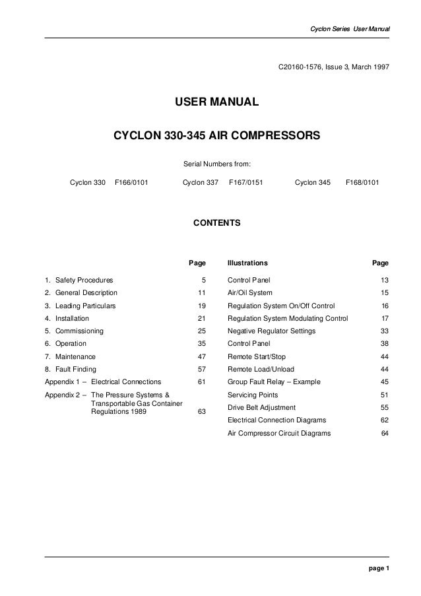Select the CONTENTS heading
point(216,224)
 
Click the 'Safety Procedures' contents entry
point(84,281)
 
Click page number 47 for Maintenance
point(202,356)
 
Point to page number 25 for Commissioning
point(202,331)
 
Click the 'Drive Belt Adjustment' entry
point(261,407)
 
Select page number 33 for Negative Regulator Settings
point(384,331)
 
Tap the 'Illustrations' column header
point(247,262)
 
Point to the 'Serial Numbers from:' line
point(216,163)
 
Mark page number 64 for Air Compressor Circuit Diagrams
point(384,433)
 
